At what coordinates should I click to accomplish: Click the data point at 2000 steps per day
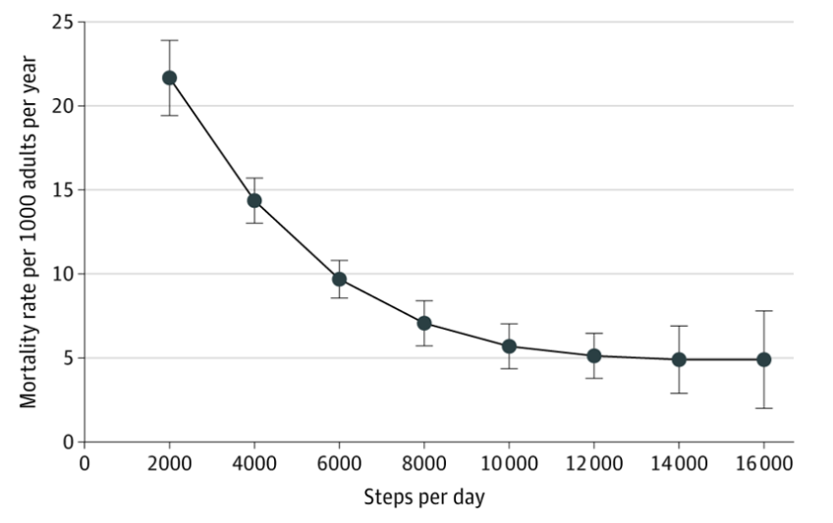(170, 78)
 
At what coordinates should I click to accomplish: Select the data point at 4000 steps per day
(254, 200)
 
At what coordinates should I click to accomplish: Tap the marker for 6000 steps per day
(340, 279)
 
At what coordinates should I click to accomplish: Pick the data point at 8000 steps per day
(424, 323)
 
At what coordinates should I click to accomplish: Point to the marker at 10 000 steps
(509, 346)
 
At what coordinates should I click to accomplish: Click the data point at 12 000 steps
(594, 356)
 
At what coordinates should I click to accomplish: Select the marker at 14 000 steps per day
(679, 360)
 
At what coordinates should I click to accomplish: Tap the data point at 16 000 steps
(764, 360)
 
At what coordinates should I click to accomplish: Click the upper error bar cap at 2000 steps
(170, 40)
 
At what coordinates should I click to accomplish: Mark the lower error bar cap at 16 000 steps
(764, 408)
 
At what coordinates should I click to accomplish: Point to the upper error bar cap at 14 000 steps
(679, 326)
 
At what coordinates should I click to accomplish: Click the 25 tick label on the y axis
(63, 22)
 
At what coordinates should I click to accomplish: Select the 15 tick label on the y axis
(63, 190)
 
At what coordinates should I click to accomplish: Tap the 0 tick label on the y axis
(69, 442)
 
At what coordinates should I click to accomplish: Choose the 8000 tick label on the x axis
(424, 463)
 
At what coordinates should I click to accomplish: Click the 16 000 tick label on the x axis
(764, 463)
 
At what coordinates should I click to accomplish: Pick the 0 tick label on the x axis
(84, 463)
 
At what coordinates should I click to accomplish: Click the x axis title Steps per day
(424, 497)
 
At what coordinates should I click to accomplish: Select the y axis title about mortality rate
(28, 232)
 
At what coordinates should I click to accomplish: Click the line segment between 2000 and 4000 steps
(212, 139)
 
